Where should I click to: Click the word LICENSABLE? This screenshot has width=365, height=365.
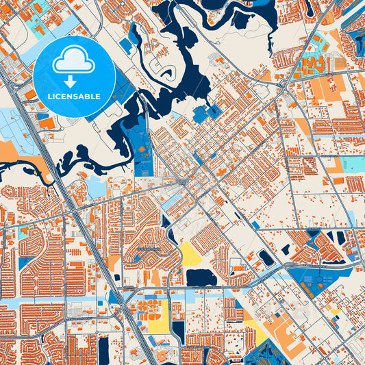(74, 97)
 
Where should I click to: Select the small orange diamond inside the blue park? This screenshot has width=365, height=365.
(142, 147)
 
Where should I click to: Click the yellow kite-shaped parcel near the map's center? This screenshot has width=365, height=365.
(189, 253)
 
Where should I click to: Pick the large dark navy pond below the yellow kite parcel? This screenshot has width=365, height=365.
(201, 277)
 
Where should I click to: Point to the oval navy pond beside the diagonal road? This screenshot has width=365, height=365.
(265, 257)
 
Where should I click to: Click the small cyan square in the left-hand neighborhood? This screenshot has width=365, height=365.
(25, 231)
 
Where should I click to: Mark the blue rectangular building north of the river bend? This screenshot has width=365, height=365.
(125, 46)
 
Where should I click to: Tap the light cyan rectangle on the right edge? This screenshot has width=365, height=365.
(353, 164)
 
